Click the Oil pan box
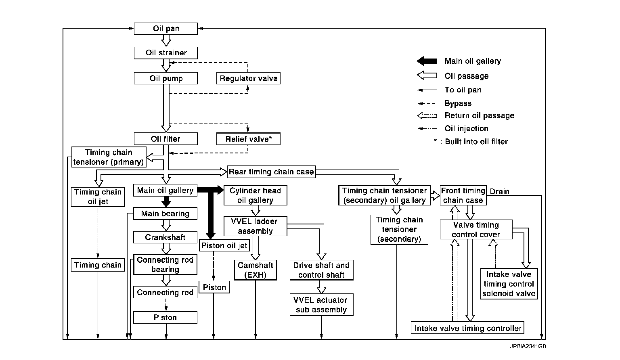tap(165, 29)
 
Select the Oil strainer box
tap(165, 53)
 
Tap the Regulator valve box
tap(248, 78)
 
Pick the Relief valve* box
tap(248, 139)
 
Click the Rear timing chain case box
tap(271, 172)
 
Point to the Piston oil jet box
tap(224, 245)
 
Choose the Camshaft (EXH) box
tap(256, 270)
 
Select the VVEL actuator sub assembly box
tap(321, 305)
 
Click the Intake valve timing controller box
tap(467, 328)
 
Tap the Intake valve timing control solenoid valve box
tap(509, 284)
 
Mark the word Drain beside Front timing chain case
tap(499, 192)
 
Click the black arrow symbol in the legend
tap(427, 61)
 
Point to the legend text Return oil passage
tap(479, 115)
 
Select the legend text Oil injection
tap(466, 128)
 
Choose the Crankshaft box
tap(165, 237)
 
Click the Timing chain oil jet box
tap(98, 197)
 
